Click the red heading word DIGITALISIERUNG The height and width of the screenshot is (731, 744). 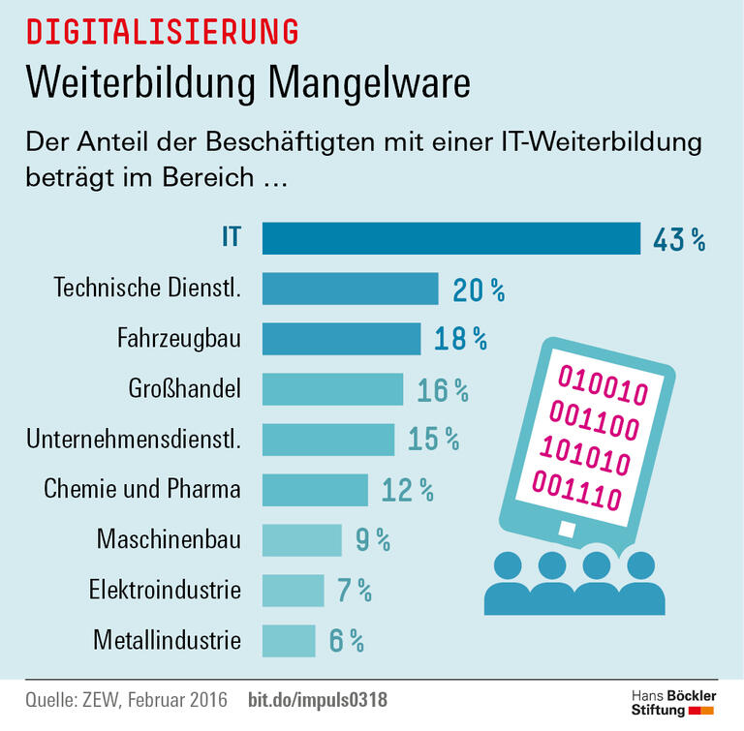pos(162,31)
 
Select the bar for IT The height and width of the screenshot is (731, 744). pos(451,238)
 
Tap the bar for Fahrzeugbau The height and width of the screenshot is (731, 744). pos(341,339)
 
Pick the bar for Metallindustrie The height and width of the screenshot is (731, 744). pos(289,640)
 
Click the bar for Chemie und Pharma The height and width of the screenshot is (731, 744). pos(315,490)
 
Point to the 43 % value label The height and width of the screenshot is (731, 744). pos(678,239)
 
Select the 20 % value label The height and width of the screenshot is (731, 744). pos(479,289)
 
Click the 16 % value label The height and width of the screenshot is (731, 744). pos(443,389)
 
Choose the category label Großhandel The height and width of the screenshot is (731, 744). pos(183,389)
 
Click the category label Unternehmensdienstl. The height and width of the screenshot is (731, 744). pos(133,440)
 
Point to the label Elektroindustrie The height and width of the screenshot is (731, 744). pos(165,590)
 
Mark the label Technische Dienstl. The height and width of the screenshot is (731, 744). pos(146,289)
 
